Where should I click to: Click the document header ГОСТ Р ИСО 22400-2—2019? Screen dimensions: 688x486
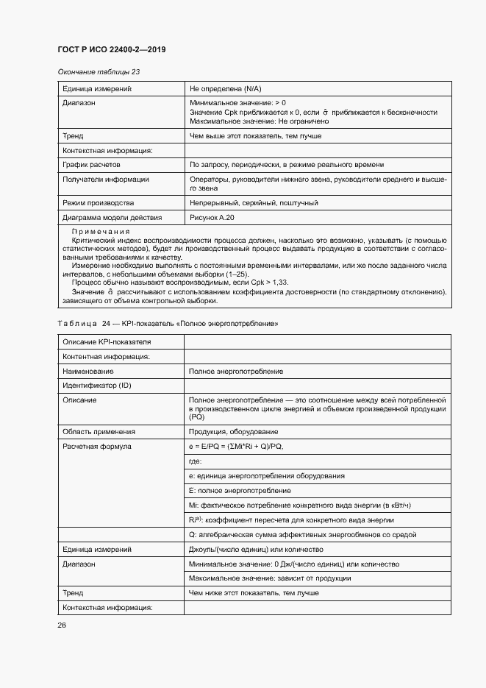111,49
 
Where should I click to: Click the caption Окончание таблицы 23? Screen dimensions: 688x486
98,72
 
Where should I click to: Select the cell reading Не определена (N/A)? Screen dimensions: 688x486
231,88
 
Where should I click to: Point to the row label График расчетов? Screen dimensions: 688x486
91,165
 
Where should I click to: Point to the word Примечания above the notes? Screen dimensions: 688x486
100,232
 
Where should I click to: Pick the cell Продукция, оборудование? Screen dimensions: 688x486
233,432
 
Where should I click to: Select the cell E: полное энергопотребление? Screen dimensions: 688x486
240,491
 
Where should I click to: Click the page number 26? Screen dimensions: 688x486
62,625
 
